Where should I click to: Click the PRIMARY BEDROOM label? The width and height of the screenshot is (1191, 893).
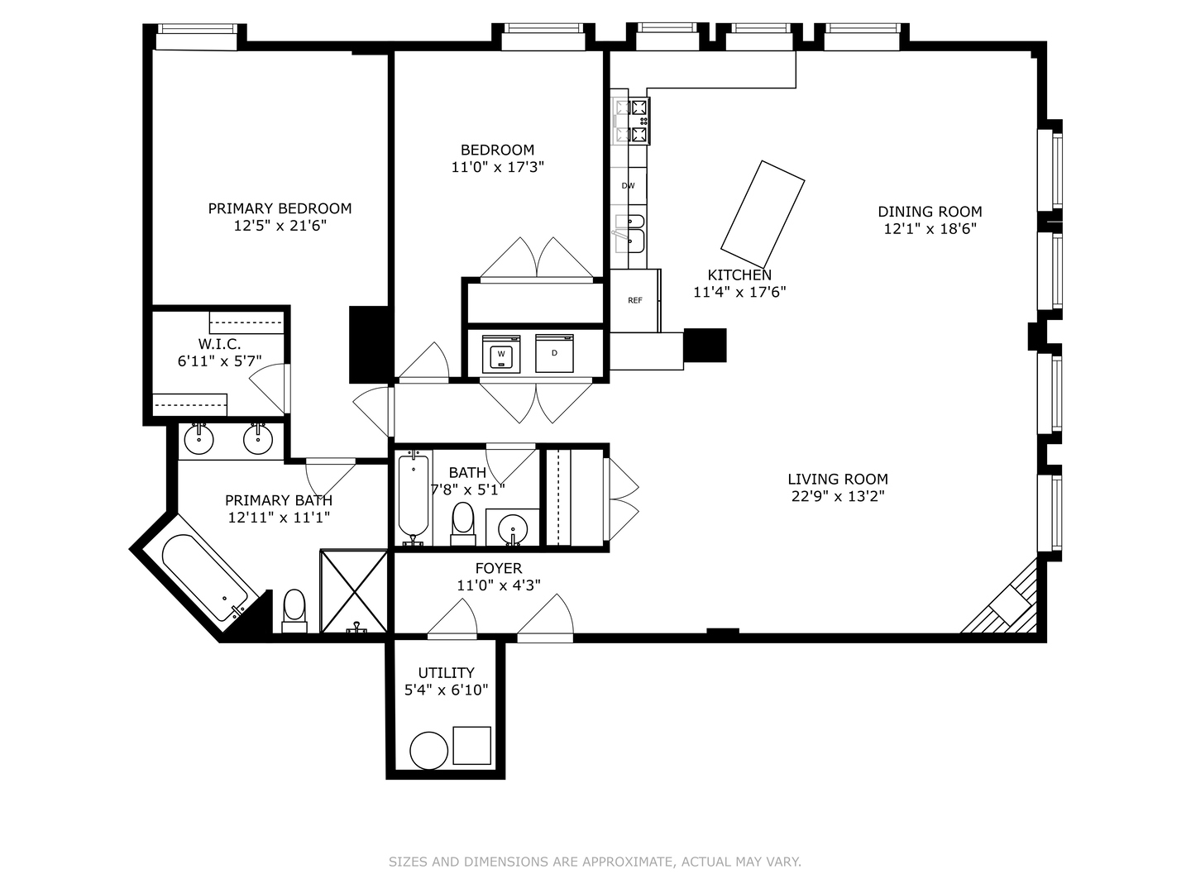click(x=280, y=208)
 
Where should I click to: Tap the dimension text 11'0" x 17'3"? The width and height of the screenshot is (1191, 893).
click(x=497, y=167)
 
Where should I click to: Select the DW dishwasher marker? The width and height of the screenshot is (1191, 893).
click(x=628, y=185)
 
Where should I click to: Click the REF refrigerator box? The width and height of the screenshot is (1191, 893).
click(x=635, y=300)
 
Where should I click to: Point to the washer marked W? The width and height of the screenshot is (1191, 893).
click(x=501, y=354)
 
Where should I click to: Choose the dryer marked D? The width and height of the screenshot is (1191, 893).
click(x=554, y=354)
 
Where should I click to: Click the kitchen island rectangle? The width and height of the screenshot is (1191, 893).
click(x=763, y=214)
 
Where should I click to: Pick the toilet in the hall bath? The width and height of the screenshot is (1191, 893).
click(x=463, y=523)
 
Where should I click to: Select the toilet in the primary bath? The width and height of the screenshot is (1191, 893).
click(x=294, y=610)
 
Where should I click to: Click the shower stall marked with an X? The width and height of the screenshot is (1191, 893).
click(x=354, y=591)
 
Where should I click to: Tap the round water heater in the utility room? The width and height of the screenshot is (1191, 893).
click(x=428, y=751)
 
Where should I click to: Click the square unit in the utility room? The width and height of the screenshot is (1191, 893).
click(x=471, y=746)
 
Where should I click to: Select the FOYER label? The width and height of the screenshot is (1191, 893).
click(x=498, y=568)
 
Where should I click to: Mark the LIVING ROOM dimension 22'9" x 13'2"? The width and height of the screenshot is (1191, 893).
click(x=838, y=496)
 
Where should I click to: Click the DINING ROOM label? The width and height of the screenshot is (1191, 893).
click(x=930, y=212)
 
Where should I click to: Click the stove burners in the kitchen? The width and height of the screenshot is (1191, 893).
click(x=631, y=121)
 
